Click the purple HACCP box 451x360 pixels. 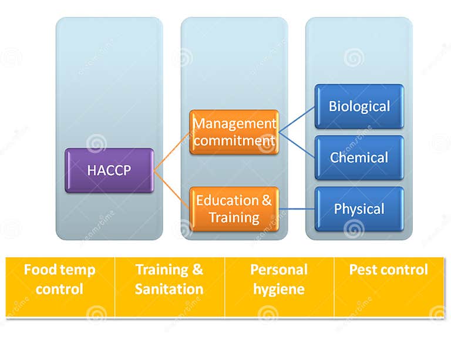point(109,170)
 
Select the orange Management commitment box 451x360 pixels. point(234,133)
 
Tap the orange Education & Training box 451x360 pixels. point(234,209)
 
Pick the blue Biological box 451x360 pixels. point(359,106)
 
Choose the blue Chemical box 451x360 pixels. point(359,157)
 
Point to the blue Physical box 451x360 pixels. point(359,209)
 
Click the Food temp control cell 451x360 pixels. point(60,280)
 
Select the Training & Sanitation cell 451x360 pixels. point(169,280)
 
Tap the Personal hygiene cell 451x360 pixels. point(279,280)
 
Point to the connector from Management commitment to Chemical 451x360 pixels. point(297,144)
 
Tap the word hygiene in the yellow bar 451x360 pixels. point(279,290)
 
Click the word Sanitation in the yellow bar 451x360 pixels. point(169,290)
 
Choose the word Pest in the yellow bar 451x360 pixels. point(362,270)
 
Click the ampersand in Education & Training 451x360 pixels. point(267,200)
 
